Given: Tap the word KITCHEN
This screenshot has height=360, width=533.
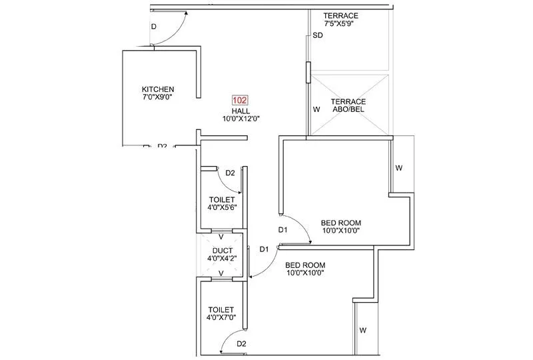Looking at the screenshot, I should [x=158, y=89].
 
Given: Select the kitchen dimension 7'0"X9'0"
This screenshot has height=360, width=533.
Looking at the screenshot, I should [x=158, y=98].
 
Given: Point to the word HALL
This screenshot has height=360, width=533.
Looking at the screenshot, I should [x=241, y=111].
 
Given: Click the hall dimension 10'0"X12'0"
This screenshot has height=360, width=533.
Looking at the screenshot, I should [x=241, y=119].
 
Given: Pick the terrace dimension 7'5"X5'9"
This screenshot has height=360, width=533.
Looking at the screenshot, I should [x=340, y=23].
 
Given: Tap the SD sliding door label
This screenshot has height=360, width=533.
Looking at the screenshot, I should [x=318, y=36].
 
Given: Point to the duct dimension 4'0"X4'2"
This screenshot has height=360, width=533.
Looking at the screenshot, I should [x=221, y=258].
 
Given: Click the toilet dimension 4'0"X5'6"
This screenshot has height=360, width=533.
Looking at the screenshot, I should [x=222, y=207].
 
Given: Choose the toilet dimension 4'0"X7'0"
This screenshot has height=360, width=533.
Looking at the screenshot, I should [x=221, y=318].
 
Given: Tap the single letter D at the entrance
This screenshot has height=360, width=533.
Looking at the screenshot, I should [x=153, y=27].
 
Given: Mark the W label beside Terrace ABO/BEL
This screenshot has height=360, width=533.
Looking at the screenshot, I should [x=316, y=109].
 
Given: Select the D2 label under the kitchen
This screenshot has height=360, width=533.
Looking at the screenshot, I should [x=162, y=146].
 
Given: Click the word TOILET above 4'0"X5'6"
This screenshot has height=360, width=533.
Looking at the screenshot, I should [x=221, y=199].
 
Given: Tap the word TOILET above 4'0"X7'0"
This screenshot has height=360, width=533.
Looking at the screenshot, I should [x=221, y=310].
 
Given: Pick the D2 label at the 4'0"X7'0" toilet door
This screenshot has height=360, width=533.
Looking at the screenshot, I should [x=242, y=344].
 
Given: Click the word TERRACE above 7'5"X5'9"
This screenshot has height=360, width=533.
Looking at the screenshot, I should [x=340, y=15].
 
